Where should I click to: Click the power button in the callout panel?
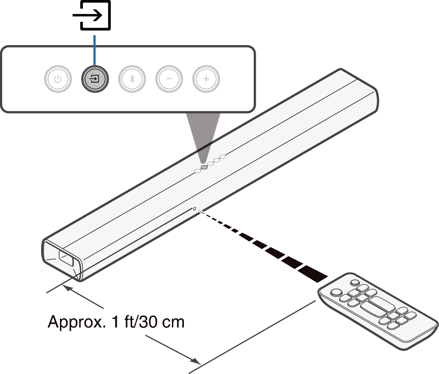coord(58,79)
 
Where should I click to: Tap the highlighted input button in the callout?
coord(95,79)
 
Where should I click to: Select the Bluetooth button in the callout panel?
coord(132,79)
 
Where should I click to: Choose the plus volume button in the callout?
coord(206,79)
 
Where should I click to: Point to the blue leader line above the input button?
coord(95,50)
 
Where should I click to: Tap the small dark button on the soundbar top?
coord(204,167)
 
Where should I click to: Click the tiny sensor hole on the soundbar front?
coord(195,209)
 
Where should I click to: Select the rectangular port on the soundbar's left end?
coord(66,258)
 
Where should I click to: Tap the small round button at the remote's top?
coord(355,283)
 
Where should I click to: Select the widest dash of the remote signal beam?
coord(313,274)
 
